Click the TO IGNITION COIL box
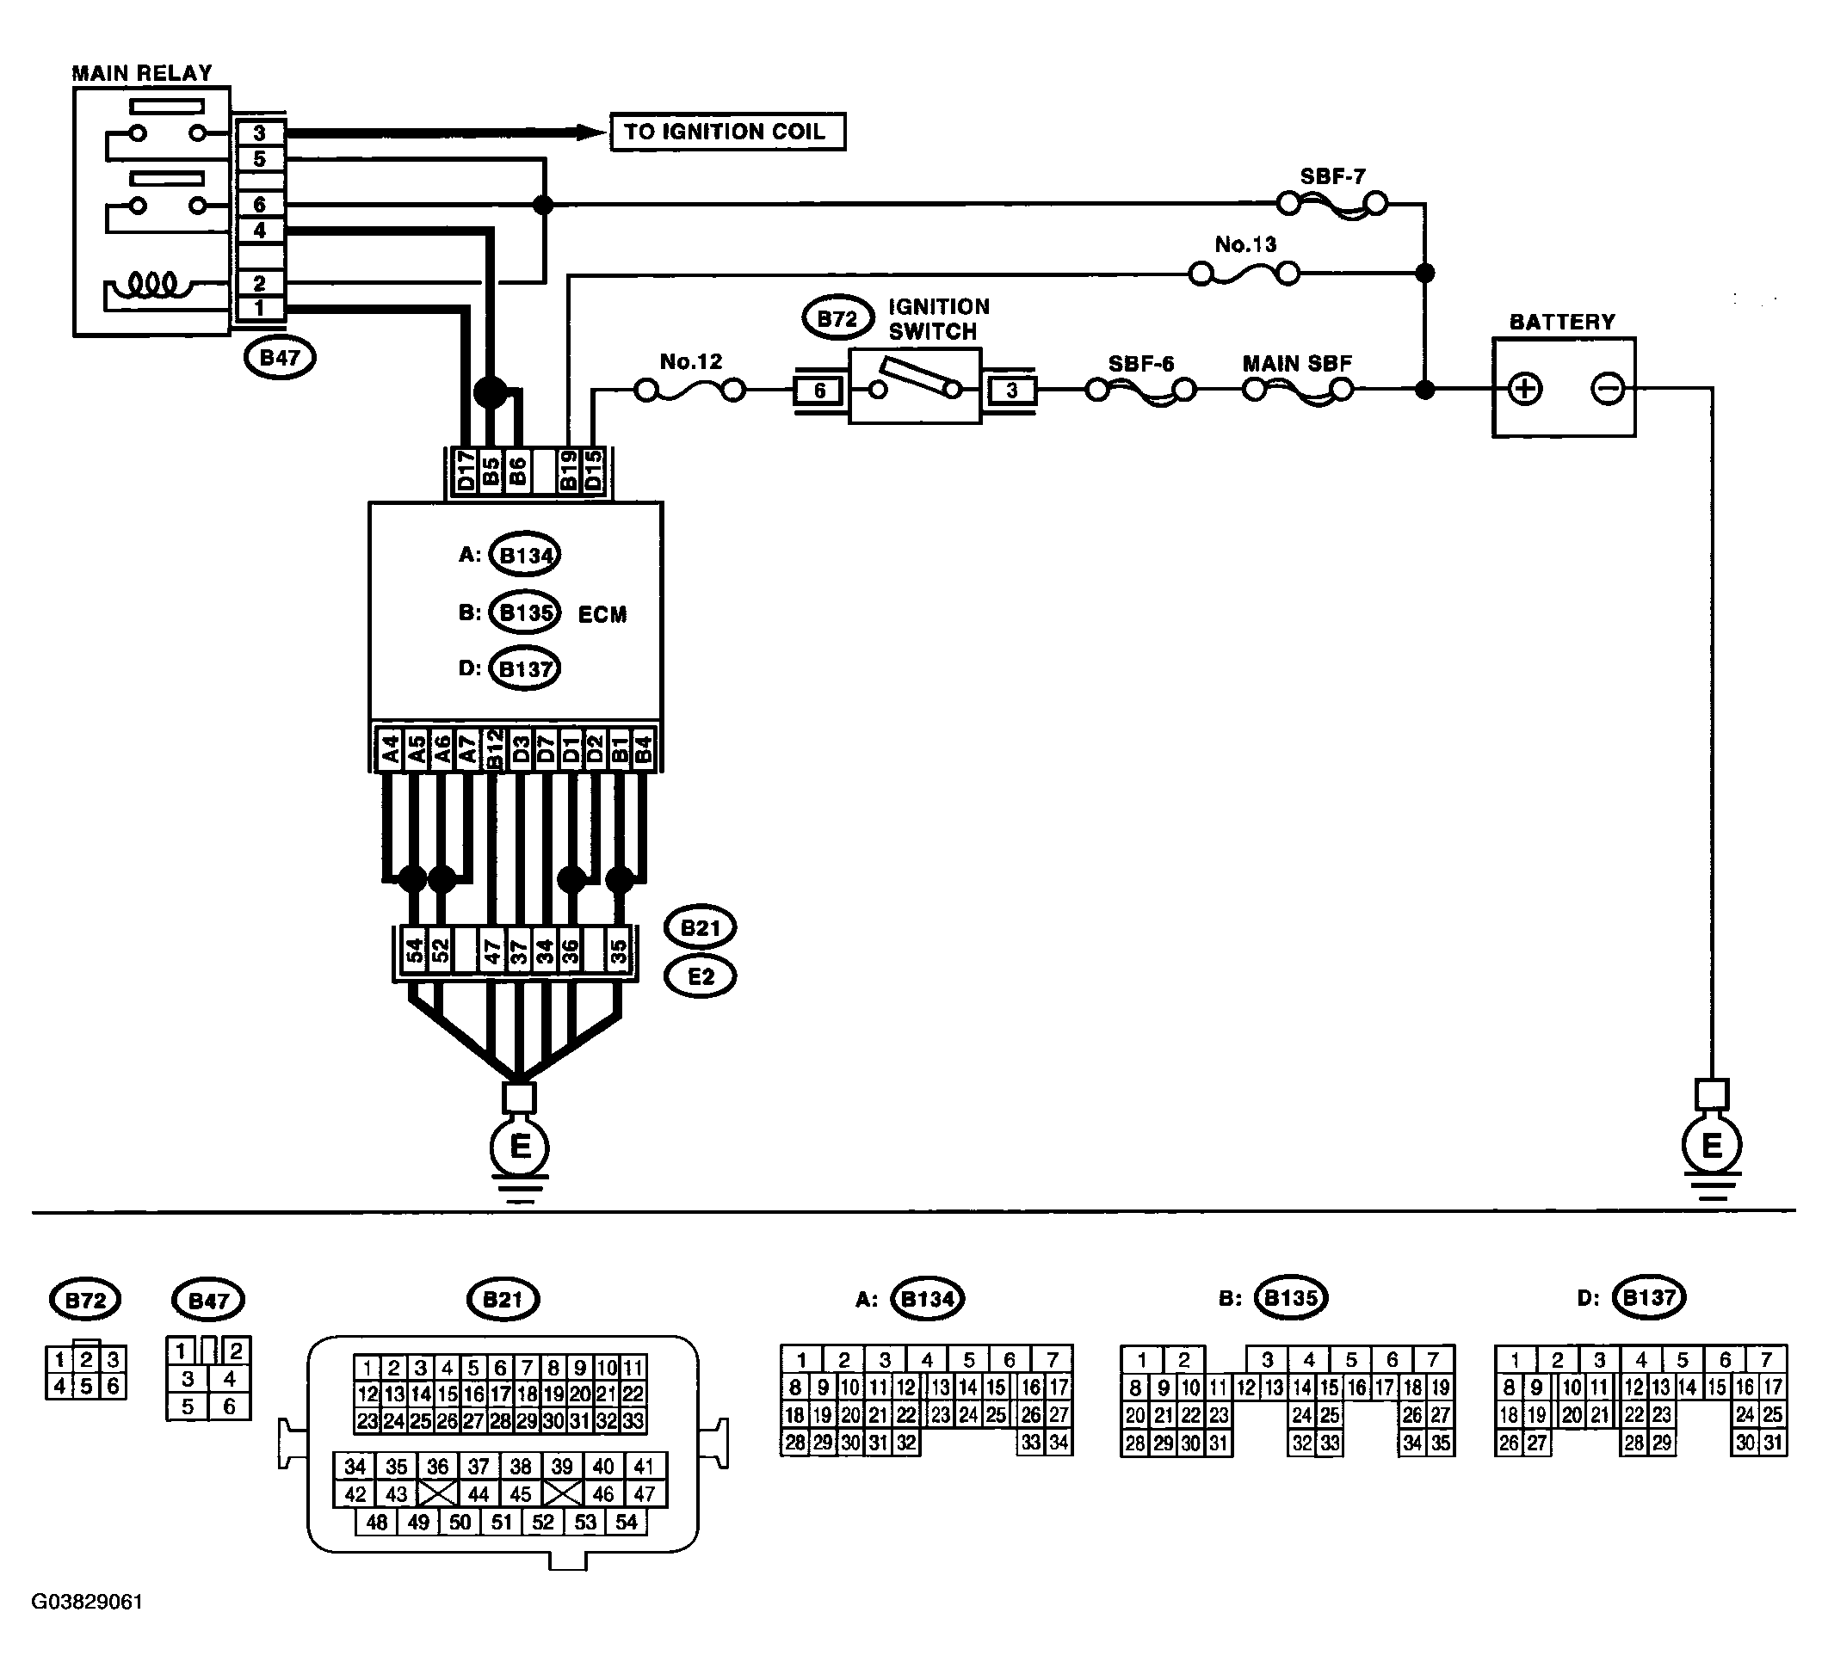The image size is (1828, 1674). pyautogui.click(x=727, y=132)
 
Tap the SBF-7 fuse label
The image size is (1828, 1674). pyautogui.click(x=1332, y=175)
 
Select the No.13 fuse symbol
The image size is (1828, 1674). pyautogui.click(x=1244, y=273)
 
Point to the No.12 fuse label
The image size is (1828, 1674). pyautogui.click(x=691, y=361)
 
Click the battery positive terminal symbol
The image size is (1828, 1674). pyautogui.click(x=1524, y=389)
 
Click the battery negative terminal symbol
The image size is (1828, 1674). pyautogui.click(x=1607, y=389)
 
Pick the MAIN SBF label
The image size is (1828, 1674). pyautogui.click(x=1297, y=363)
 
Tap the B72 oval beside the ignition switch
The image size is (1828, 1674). pyautogui.click(x=837, y=319)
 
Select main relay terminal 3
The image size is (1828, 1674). pyautogui.click(x=259, y=132)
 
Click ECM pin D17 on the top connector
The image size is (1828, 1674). pyautogui.click(x=465, y=471)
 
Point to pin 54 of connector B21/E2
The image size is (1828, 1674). pyautogui.click(x=413, y=951)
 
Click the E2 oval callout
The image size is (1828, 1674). pyautogui.click(x=700, y=976)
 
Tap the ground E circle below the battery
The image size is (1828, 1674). pyautogui.click(x=1711, y=1146)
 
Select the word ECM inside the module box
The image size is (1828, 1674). pyautogui.click(x=602, y=614)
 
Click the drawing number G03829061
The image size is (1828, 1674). pyautogui.click(x=87, y=1602)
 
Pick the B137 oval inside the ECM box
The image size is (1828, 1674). pyautogui.click(x=525, y=669)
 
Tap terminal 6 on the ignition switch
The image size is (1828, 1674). pyautogui.click(x=819, y=391)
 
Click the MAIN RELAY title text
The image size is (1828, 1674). pyautogui.click(x=142, y=73)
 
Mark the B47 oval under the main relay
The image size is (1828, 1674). pyautogui.click(x=279, y=357)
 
